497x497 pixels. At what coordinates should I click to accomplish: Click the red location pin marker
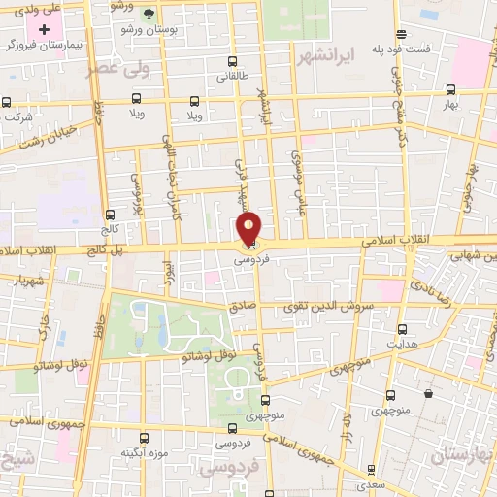[x=249, y=228]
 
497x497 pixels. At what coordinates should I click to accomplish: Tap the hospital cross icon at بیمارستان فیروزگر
[x=45, y=29]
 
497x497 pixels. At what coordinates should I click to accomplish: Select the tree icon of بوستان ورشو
[x=149, y=14]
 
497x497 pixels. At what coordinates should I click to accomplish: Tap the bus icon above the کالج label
[x=109, y=215]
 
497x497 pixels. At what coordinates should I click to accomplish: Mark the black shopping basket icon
[x=428, y=394]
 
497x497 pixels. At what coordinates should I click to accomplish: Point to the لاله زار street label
[x=345, y=431]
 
